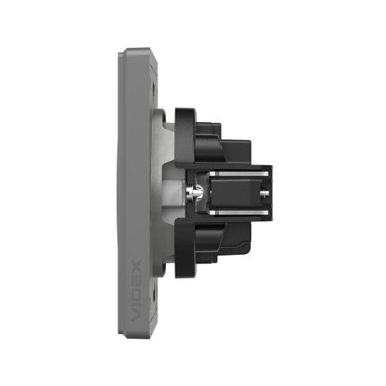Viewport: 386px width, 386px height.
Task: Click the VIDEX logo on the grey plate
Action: (136, 290)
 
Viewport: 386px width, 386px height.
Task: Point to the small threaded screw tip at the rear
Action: (265, 192)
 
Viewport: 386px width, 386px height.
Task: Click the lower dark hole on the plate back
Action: (154, 293)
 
